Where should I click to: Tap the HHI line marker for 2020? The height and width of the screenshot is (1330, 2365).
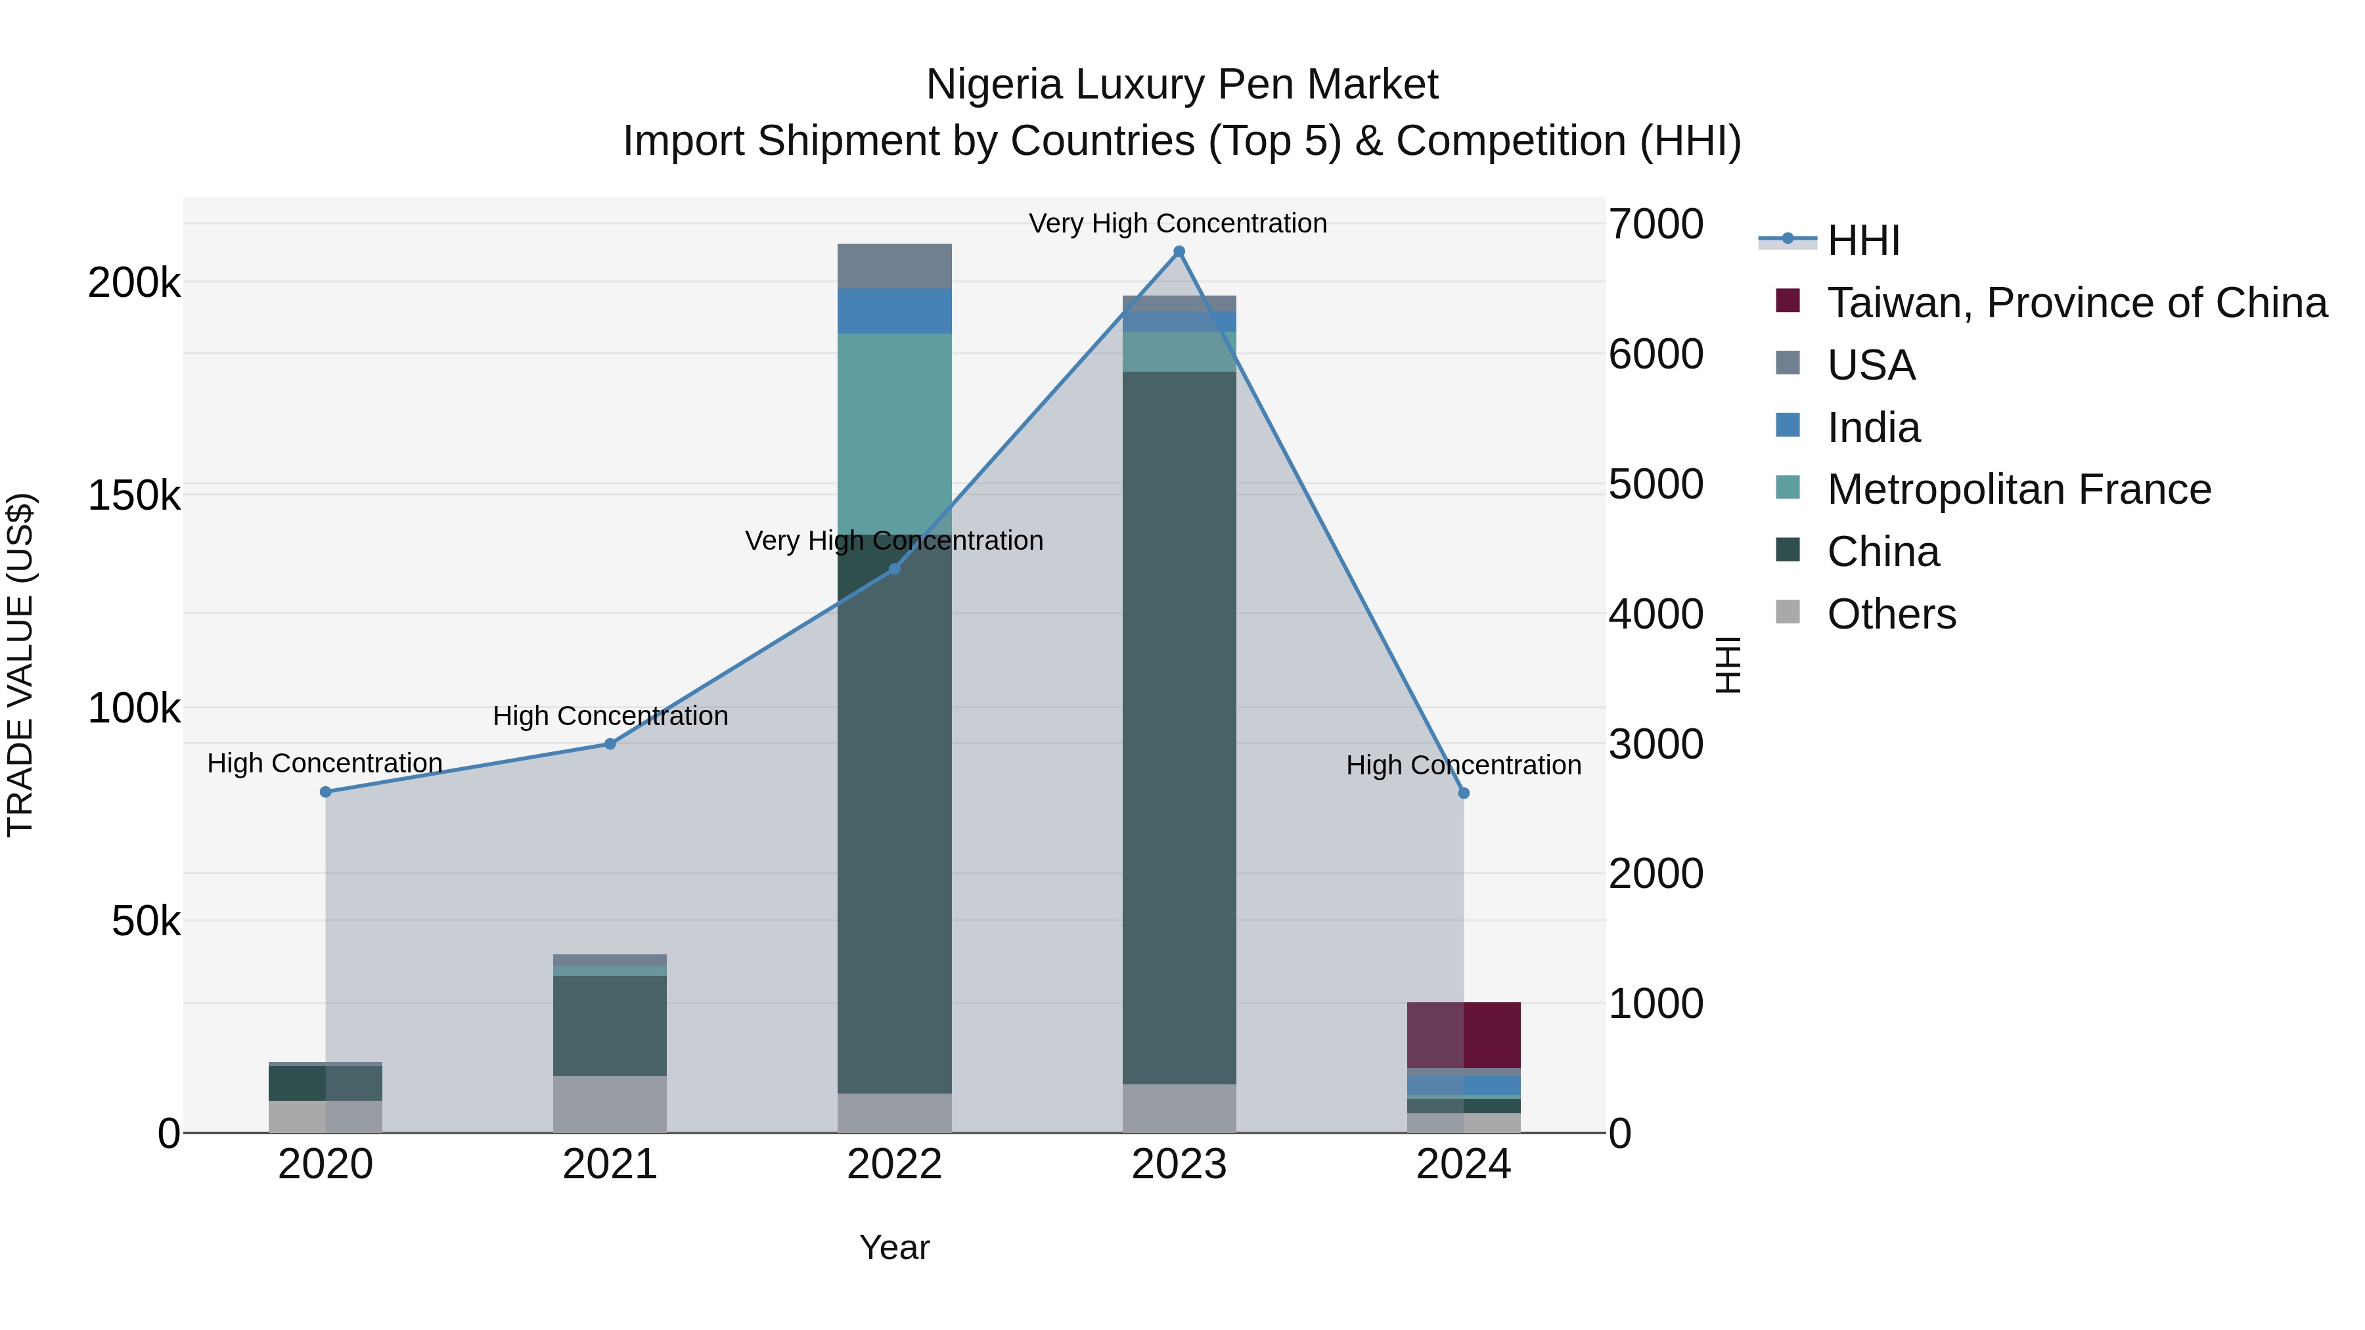[325, 792]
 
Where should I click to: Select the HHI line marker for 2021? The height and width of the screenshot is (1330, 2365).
[610, 744]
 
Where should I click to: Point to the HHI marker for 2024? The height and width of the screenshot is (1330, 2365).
[1464, 793]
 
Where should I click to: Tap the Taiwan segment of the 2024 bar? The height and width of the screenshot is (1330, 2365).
[1464, 1034]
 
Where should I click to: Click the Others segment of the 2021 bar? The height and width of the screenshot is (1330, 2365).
[610, 1103]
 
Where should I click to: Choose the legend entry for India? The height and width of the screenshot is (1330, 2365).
[1873, 428]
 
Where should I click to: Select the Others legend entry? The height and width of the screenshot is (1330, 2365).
[1891, 614]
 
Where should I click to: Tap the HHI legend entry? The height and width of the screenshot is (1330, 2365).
[1862, 240]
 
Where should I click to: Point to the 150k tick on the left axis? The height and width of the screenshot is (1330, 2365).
[134, 496]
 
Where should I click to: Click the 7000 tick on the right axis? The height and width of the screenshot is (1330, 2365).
[1656, 224]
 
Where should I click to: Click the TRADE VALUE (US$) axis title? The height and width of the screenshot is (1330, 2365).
[20, 665]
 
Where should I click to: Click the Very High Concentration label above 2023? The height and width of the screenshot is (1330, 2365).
[1178, 224]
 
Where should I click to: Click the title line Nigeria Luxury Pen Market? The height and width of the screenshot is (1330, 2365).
[1182, 85]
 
